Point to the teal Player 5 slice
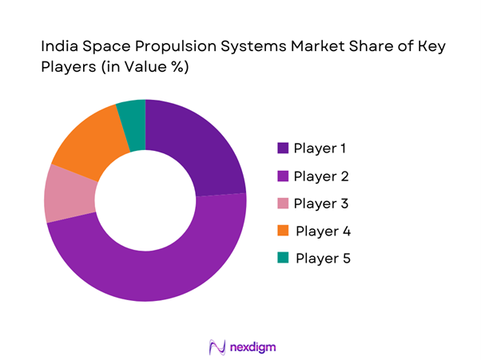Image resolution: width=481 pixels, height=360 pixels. point(133,117)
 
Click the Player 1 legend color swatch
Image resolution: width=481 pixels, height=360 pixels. point(283,148)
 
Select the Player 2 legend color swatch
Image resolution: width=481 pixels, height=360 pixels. point(283,176)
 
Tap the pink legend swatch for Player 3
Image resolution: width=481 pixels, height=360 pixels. point(283,204)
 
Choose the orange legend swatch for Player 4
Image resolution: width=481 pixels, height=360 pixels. point(283,231)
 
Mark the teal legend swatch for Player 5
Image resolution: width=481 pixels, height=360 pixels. point(283,259)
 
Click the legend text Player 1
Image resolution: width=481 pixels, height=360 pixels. point(320,148)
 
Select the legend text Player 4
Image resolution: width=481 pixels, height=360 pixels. point(323,231)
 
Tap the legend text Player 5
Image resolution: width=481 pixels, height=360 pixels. point(323,259)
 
